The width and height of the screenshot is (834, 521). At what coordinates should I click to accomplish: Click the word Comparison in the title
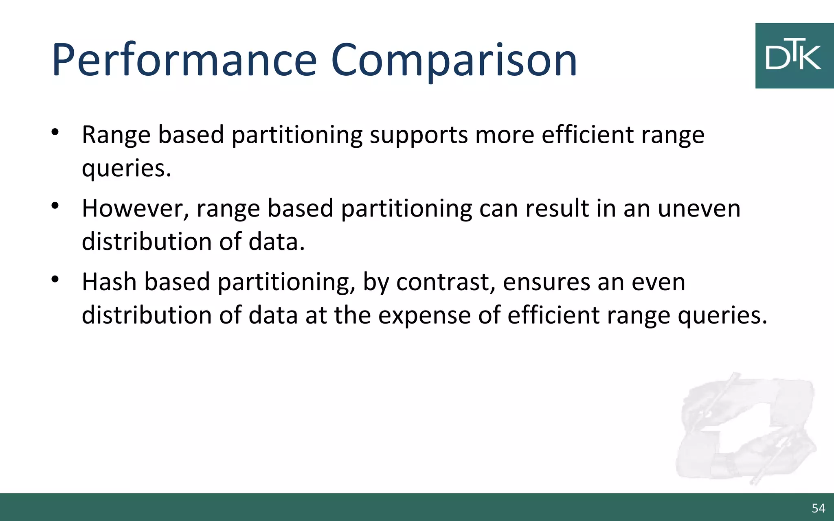[454, 61]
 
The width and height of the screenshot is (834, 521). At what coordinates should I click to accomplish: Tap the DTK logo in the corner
[794, 56]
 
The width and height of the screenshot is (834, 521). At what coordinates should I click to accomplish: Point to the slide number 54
[818, 508]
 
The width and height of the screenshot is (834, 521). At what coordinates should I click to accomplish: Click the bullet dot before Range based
[55, 132]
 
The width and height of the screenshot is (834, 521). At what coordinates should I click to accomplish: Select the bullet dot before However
[55, 206]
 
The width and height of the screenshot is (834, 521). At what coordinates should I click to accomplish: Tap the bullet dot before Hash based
[55, 280]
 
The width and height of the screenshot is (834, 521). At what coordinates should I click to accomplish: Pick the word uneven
[699, 208]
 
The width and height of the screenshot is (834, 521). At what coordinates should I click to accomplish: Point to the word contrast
[446, 282]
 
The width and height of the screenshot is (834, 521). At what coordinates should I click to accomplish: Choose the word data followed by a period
[276, 242]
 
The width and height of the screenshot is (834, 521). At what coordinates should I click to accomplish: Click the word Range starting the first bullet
[116, 135]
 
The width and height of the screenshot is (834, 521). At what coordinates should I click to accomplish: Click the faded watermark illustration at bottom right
[745, 429]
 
